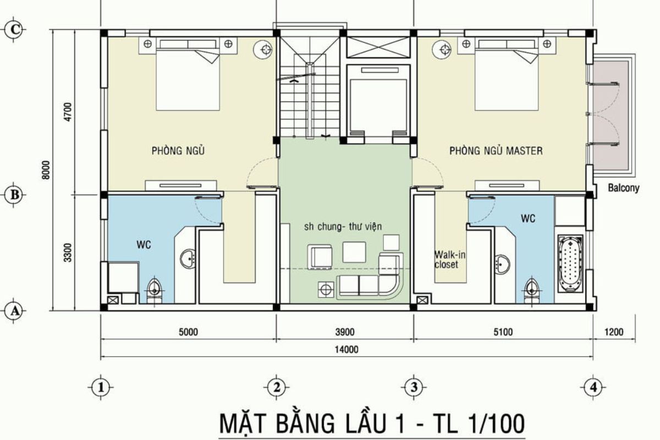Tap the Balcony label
(x=624, y=188)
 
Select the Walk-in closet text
(x=446, y=260)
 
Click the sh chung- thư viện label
(x=343, y=226)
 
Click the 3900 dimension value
(x=345, y=332)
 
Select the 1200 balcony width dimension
(x=614, y=332)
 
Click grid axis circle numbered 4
(x=593, y=387)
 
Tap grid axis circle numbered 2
(x=276, y=387)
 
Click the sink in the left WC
(x=188, y=258)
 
